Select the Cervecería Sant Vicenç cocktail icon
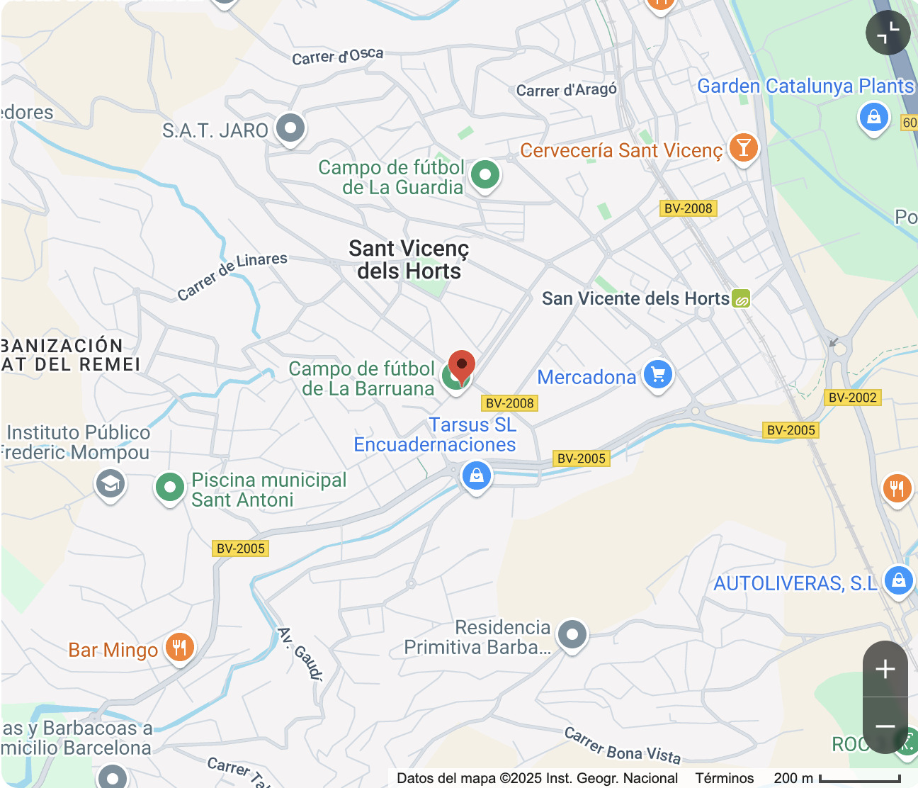743,147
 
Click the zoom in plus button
885,669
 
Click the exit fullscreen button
888,33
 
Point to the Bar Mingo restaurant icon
180,648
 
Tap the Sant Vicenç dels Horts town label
409,260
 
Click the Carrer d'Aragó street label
566,90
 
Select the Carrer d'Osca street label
338,56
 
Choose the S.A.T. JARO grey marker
290,128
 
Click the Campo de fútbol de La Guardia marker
485,174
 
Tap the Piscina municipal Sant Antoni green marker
170,487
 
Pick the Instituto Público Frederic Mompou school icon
110,484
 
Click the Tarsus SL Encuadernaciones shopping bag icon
477,475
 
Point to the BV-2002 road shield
853,398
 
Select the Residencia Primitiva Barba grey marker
572,634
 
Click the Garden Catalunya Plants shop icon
873,117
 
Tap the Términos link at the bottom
724,778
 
